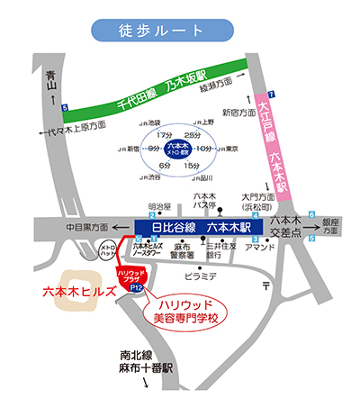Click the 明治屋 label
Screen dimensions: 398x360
point(159,205)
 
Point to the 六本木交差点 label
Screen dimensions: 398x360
point(285,225)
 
